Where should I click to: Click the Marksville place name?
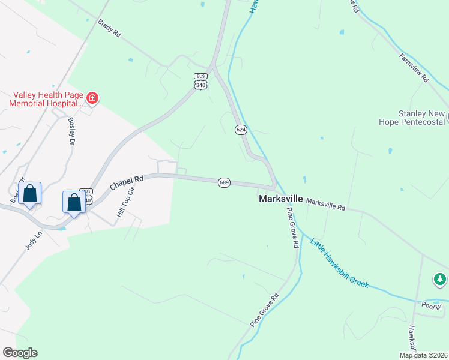[280, 198]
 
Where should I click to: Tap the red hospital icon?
[92, 97]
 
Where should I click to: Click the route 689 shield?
[223, 182]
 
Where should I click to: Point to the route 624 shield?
[241, 130]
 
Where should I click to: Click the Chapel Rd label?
[127, 184]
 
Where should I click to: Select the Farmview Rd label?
[414, 67]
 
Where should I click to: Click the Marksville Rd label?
[326, 204]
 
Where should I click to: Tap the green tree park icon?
[441, 279]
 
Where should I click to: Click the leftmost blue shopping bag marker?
[29, 194]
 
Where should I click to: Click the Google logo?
[20, 353]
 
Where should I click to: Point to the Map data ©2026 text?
[423, 355]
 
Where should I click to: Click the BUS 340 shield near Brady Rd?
[200, 81]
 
